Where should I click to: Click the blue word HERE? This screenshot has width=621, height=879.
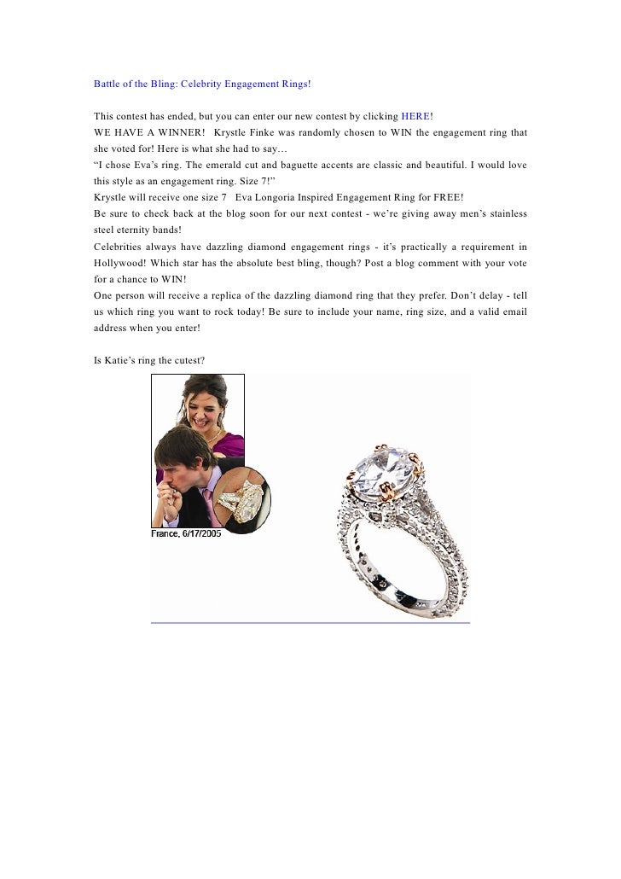coord(415,115)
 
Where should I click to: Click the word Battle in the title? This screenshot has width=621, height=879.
coord(109,84)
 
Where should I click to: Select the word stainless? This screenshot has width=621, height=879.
coord(504,212)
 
